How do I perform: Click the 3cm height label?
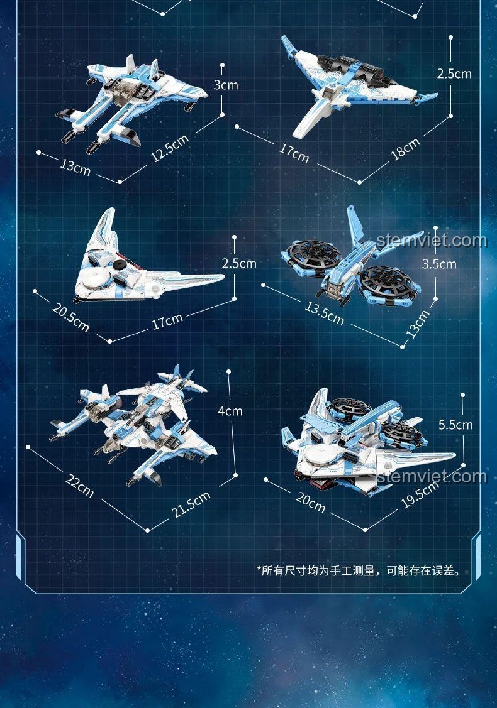[x=226, y=84]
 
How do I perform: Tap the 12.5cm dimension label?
[x=170, y=148]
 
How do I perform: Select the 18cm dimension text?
[x=405, y=149]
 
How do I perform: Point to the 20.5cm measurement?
[x=70, y=317]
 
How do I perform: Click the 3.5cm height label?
[x=439, y=264]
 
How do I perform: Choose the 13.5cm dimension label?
[x=324, y=313]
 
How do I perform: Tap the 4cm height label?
[x=230, y=411]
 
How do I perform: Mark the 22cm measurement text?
[x=79, y=486]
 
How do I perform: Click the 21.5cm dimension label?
[x=191, y=504]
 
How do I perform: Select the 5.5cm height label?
[x=455, y=425]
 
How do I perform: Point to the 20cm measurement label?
[x=310, y=502]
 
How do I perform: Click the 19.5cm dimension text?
[x=420, y=494]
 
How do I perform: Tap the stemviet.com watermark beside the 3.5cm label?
[x=432, y=240]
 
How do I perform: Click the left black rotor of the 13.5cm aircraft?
[x=313, y=254]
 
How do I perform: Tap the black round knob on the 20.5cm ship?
[x=120, y=265]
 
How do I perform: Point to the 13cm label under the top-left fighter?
[x=75, y=166]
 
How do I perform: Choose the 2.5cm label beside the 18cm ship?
[x=454, y=74]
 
